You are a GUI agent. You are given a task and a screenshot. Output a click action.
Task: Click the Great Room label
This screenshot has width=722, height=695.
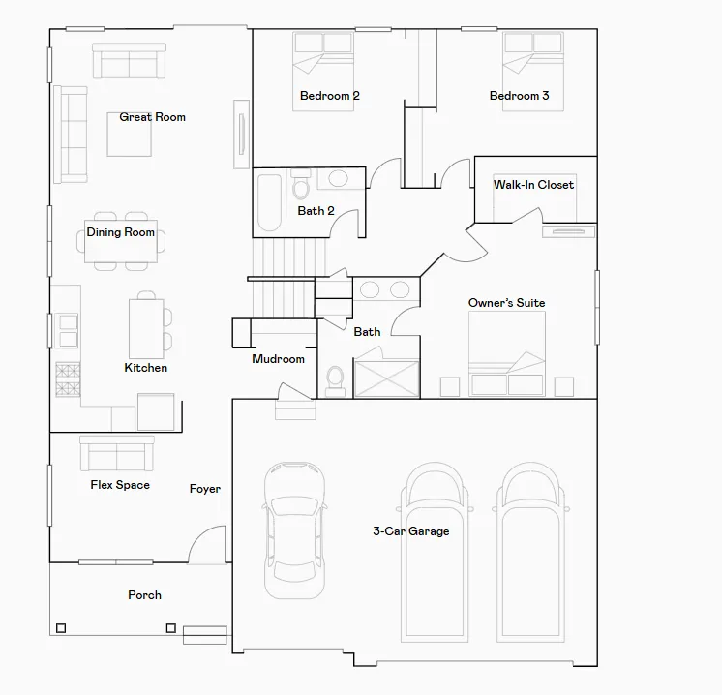(x=152, y=117)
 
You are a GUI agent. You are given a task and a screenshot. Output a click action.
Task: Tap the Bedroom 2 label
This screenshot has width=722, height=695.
(x=330, y=96)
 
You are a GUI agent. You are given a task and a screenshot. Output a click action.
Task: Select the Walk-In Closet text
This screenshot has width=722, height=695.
(x=533, y=185)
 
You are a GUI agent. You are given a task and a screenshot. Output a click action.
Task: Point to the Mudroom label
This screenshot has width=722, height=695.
(x=278, y=359)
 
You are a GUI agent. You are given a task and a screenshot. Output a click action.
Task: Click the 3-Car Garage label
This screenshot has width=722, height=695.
(x=411, y=531)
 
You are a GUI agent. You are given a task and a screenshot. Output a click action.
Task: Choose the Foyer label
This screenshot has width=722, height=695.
(x=205, y=489)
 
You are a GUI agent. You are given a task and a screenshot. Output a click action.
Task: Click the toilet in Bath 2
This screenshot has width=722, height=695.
(x=301, y=185)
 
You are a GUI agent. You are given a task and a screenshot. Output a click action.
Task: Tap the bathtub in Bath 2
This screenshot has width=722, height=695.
(x=269, y=202)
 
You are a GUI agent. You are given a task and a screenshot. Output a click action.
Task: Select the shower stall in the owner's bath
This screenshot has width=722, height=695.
(x=387, y=378)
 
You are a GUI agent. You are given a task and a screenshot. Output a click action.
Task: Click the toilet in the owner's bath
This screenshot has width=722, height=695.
(x=335, y=381)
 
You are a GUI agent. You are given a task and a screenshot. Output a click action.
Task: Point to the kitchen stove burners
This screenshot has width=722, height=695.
(x=68, y=379)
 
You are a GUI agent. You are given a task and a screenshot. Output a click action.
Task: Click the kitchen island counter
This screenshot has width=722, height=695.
(x=146, y=329)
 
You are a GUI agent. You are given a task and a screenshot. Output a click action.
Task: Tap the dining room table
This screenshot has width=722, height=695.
(x=121, y=241)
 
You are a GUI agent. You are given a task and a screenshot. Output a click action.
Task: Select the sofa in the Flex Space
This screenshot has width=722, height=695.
(x=117, y=453)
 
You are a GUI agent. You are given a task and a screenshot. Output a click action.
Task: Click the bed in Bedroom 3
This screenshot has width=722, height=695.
(x=533, y=72)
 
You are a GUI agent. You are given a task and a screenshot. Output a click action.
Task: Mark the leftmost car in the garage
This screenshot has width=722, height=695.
(x=294, y=530)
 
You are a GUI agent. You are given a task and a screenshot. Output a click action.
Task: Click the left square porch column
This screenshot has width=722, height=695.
(x=61, y=628)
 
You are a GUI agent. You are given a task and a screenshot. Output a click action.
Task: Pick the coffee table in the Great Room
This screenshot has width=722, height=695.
(x=130, y=134)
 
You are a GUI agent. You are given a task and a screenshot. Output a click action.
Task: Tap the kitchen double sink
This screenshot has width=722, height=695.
(x=68, y=331)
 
